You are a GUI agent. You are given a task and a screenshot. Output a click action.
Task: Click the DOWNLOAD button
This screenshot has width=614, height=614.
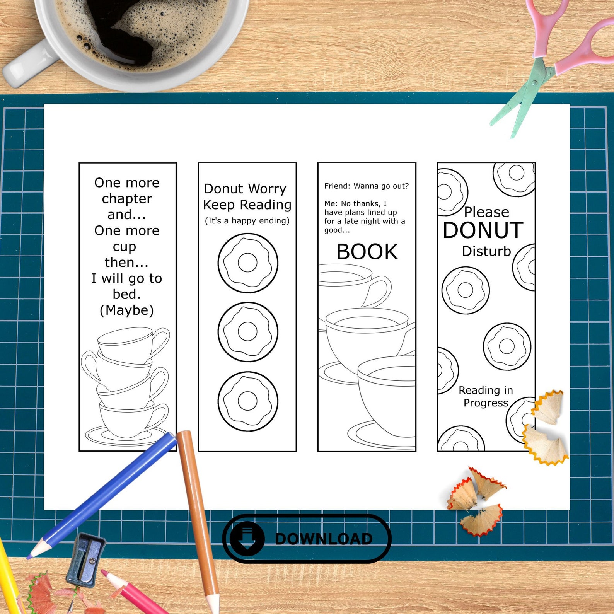pyautogui.click(x=307, y=538)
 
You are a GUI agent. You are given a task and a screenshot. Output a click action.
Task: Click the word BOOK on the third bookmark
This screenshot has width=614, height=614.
pyautogui.click(x=367, y=252)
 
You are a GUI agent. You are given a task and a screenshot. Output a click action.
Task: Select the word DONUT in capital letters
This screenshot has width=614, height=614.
pyautogui.click(x=483, y=230)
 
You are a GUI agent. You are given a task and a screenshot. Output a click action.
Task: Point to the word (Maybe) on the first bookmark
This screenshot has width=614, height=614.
pyautogui.click(x=127, y=310)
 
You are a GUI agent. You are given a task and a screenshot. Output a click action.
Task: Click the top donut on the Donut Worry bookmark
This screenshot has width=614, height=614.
pyautogui.click(x=247, y=263)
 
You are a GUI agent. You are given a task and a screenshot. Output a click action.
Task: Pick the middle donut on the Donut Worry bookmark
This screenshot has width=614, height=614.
pyautogui.click(x=247, y=331)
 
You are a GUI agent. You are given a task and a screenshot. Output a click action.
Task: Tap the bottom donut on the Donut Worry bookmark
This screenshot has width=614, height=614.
pyautogui.click(x=247, y=401)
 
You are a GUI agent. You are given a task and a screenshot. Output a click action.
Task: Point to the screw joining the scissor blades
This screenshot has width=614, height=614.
pyautogui.click(x=534, y=83)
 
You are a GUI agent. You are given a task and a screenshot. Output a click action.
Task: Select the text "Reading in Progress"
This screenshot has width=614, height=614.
pyautogui.click(x=486, y=396)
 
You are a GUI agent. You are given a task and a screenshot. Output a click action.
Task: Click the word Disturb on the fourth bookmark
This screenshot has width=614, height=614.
pyautogui.click(x=486, y=251)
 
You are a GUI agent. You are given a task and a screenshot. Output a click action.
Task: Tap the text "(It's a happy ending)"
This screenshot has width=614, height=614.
pyautogui.click(x=247, y=221)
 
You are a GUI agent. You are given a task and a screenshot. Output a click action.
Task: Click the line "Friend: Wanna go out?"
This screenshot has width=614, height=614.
pyautogui.click(x=366, y=186)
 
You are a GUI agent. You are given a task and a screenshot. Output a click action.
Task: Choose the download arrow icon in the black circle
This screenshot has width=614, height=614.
pyautogui.click(x=247, y=538)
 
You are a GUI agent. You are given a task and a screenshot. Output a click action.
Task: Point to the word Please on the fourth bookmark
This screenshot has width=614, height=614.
pyautogui.click(x=486, y=212)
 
